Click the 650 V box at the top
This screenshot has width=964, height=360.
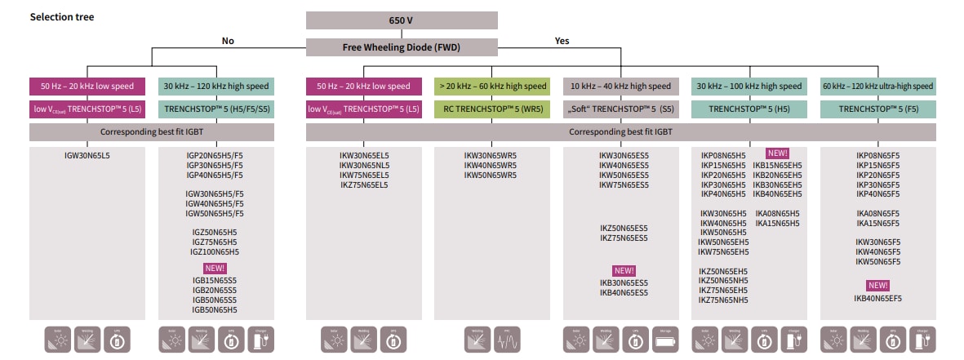(401, 20)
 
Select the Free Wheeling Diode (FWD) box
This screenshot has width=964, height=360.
(401, 47)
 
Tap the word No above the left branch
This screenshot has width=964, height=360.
(228, 41)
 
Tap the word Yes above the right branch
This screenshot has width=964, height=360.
(562, 41)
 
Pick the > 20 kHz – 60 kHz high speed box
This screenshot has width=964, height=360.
(492, 86)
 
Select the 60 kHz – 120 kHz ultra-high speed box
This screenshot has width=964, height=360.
(877, 86)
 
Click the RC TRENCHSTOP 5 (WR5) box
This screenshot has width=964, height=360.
(492, 108)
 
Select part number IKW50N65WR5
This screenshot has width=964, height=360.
(490, 175)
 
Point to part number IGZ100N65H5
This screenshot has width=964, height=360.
(215, 252)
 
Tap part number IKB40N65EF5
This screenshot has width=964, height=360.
(877, 299)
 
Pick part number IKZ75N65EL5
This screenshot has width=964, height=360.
(364, 184)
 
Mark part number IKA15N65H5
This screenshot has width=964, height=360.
(777, 223)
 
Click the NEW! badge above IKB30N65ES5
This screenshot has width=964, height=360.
(624, 271)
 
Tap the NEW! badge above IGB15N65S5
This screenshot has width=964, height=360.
(215, 268)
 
